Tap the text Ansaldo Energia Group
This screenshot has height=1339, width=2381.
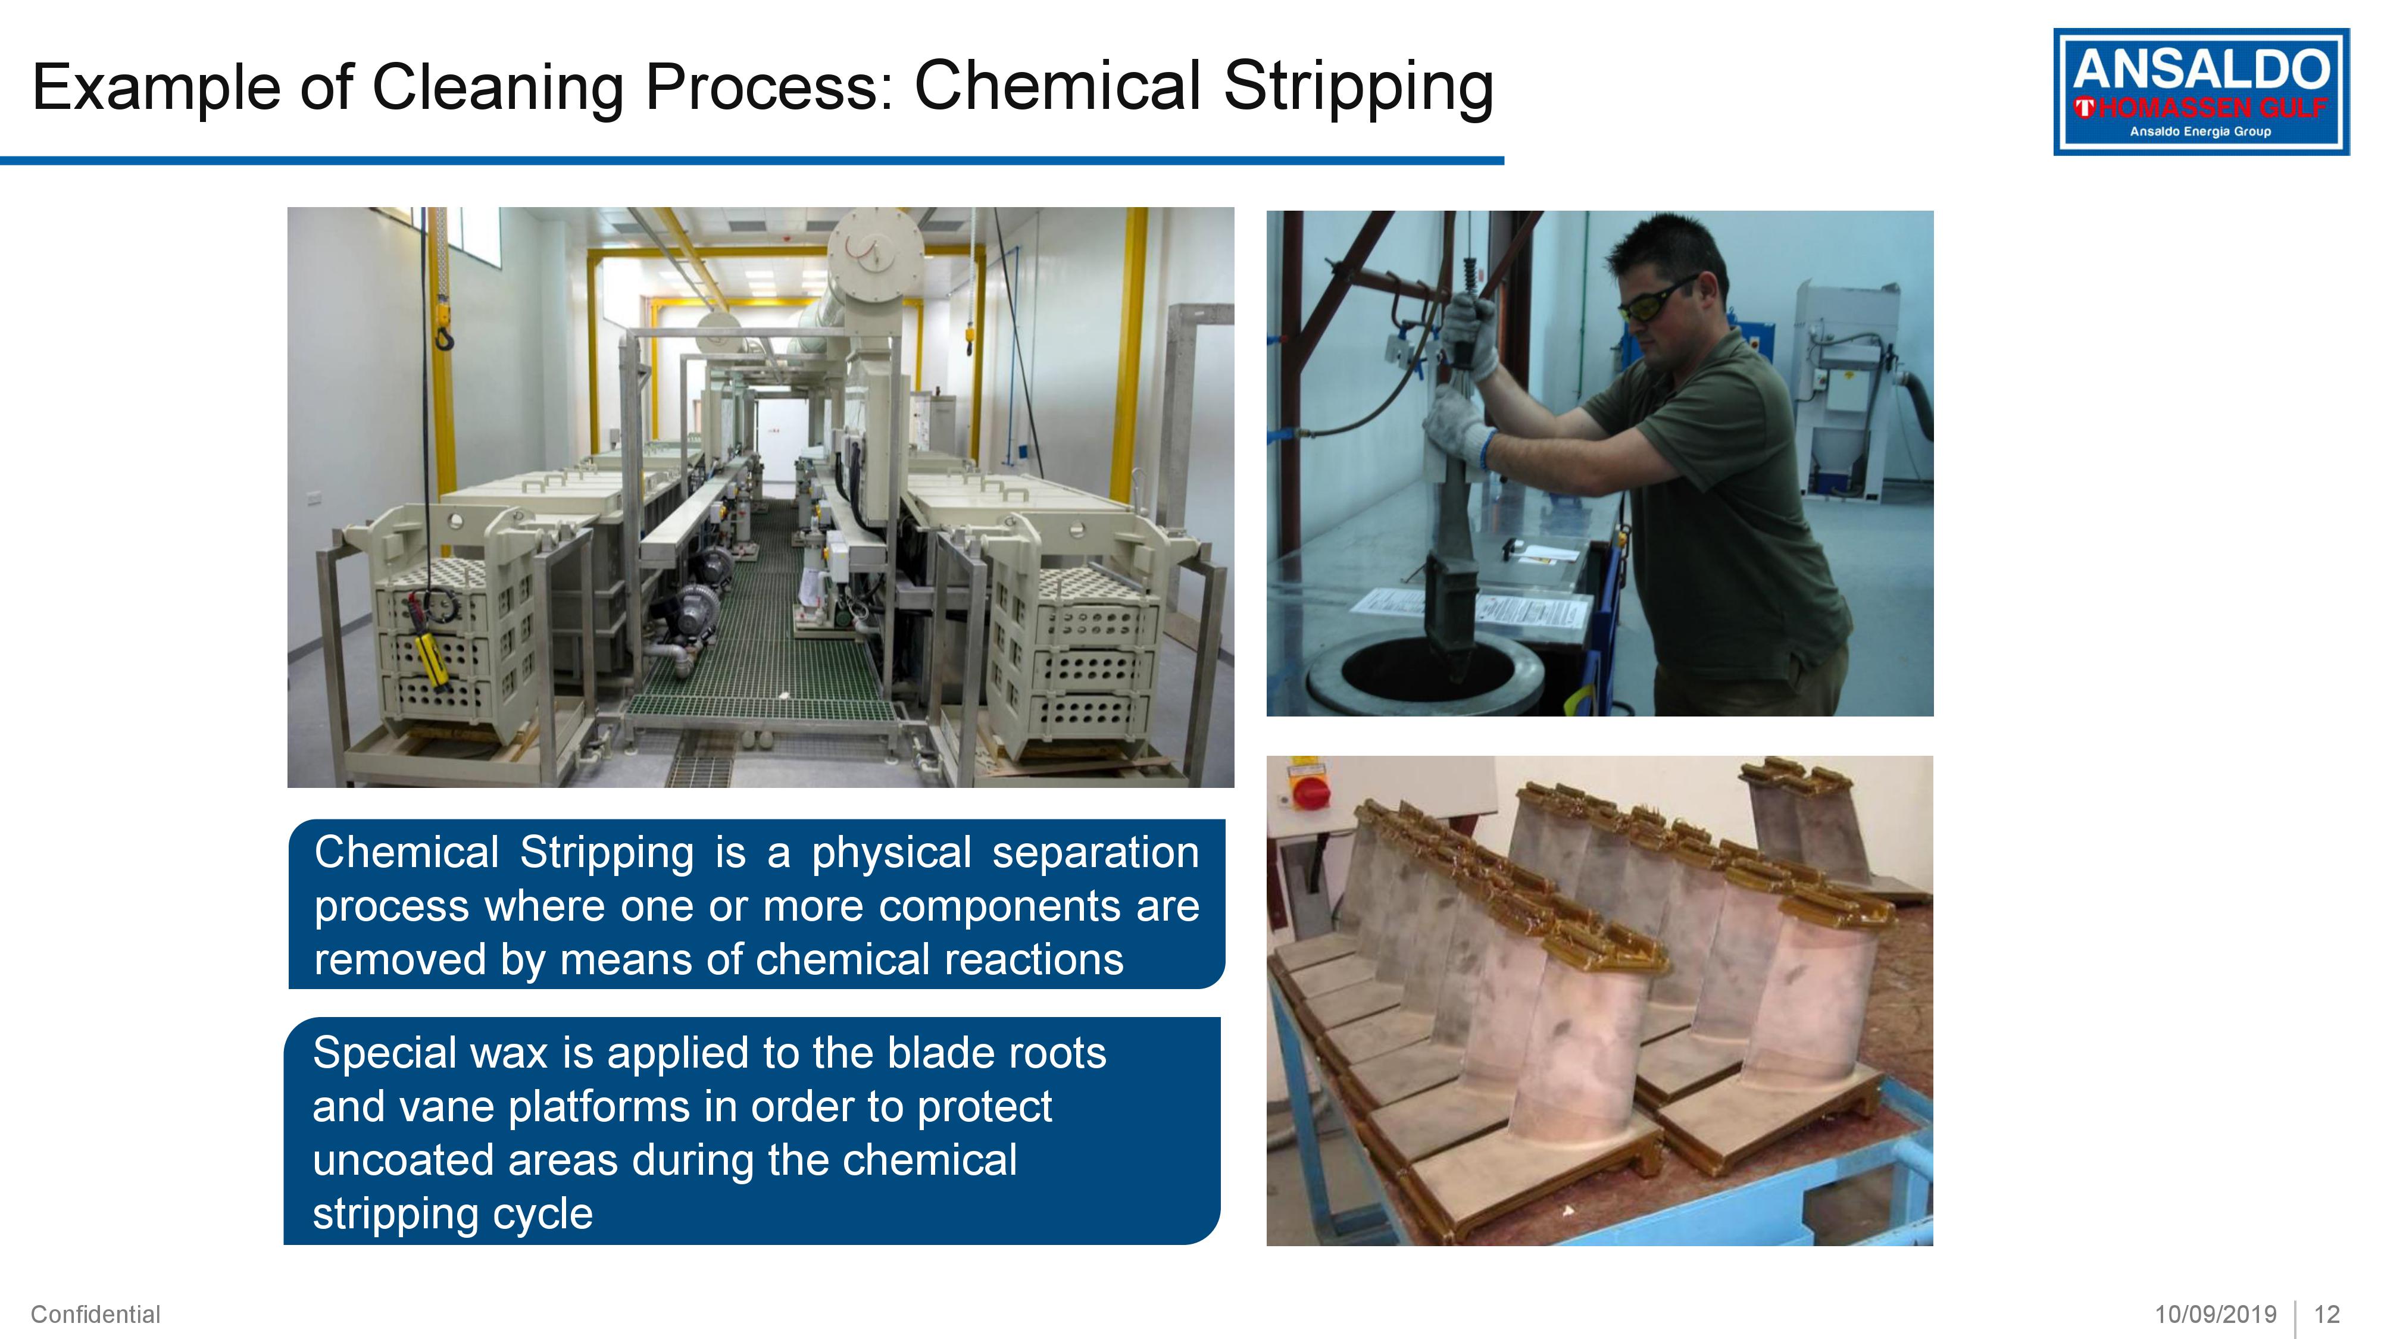[2200, 131]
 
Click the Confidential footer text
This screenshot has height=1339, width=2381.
[95, 1314]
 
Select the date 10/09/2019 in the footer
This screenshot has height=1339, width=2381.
[2216, 1314]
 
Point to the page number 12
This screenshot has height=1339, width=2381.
[2326, 1314]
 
